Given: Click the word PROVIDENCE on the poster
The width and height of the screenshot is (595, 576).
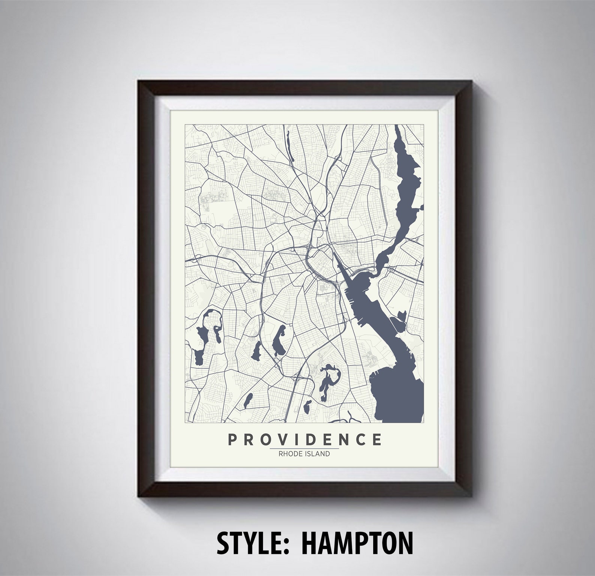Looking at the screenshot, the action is (304, 440).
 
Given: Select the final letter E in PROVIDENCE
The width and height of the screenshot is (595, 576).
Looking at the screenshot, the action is (377, 440).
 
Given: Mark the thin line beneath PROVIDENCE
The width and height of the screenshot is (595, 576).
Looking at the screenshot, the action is (304, 448).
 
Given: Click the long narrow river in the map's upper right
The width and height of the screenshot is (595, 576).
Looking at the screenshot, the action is (406, 180).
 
